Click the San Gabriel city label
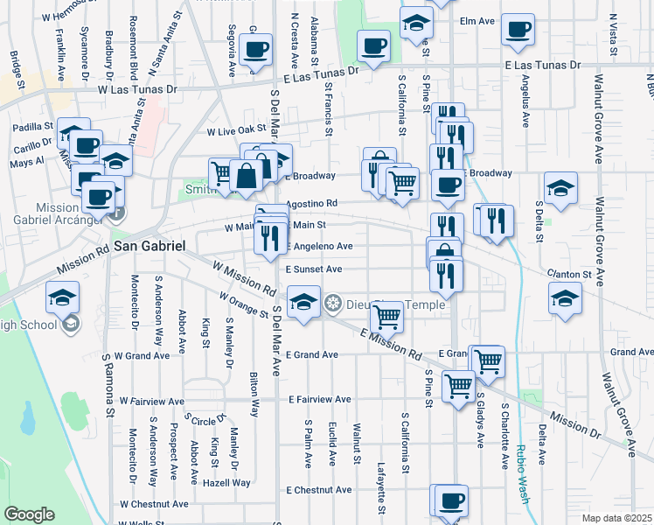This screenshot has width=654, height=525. [x=148, y=248]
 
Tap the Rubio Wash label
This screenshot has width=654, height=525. [x=525, y=473]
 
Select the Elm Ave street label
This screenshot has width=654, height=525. [x=477, y=19]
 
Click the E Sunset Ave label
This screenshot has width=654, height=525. [x=312, y=269]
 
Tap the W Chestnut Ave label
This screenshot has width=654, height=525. [x=154, y=504]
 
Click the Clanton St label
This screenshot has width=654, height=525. [x=568, y=275]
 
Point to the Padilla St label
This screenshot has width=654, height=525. [x=33, y=127]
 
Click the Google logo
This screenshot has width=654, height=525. [x=29, y=514]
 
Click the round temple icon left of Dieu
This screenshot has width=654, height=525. [x=332, y=304]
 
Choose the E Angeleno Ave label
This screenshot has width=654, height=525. [x=317, y=247]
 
